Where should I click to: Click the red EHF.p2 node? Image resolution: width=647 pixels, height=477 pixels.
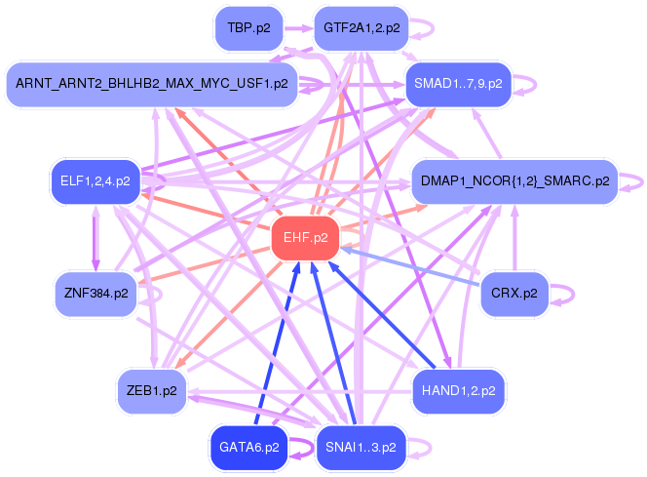click(x=305, y=238)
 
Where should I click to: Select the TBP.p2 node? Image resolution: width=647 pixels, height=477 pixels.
click(x=249, y=28)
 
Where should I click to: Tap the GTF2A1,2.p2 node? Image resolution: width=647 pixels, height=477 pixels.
click(x=362, y=28)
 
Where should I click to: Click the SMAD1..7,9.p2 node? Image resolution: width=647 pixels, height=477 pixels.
click(x=458, y=84)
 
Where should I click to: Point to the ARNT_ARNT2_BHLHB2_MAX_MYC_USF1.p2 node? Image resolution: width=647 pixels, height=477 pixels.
click(x=152, y=84)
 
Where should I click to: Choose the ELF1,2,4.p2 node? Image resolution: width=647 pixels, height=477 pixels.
click(x=95, y=181)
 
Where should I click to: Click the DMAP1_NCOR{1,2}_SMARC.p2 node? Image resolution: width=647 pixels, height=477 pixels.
click(x=514, y=181)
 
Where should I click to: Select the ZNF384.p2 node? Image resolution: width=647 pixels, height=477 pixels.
click(x=95, y=294)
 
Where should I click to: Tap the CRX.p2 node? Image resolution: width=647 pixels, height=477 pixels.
click(x=514, y=294)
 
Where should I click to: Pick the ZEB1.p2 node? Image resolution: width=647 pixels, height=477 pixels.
click(x=152, y=391)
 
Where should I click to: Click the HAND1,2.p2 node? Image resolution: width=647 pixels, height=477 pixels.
click(x=458, y=391)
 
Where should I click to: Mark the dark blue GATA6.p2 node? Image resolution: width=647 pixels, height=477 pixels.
click(x=249, y=448)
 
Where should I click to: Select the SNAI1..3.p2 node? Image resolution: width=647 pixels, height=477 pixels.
click(x=362, y=448)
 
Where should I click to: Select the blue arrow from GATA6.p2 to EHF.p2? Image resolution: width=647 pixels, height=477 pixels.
click(x=277, y=343)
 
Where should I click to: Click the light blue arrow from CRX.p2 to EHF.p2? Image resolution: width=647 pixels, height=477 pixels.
click(x=410, y=266)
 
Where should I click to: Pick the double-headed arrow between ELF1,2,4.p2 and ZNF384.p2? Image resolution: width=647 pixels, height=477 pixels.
click(x=95, y=238)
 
